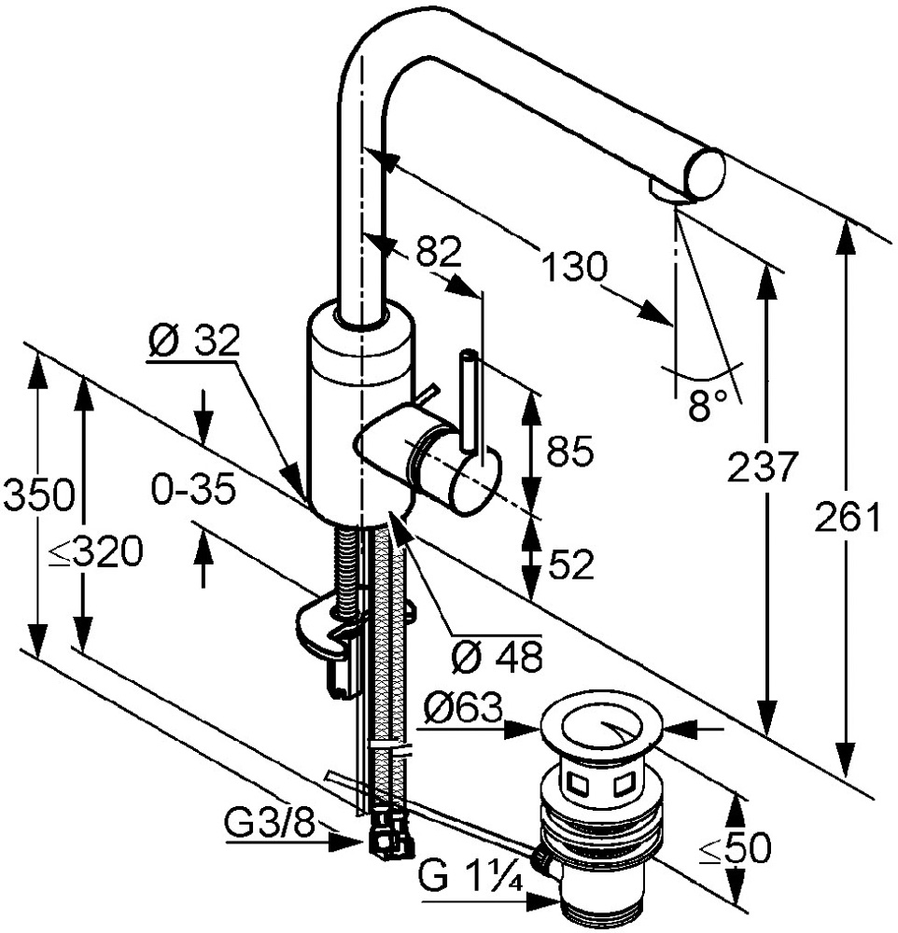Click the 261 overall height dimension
848,516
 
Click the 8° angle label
708,405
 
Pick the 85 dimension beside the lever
569,453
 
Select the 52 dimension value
569,564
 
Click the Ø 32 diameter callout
193,342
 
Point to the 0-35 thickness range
194,490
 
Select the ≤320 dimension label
95,553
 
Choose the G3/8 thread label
269,823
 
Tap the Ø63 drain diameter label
461,712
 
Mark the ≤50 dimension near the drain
736,848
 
